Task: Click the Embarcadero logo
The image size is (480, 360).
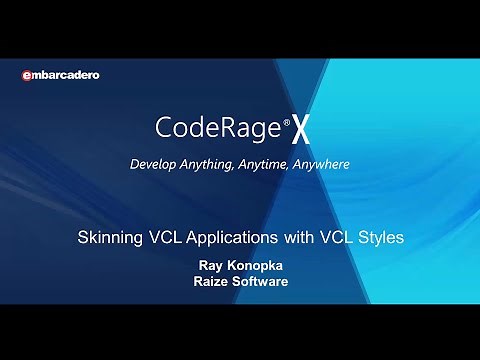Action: pyautogui.click(x=61, y=75)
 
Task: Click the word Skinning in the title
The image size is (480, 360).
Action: pyautogui.click(x=108, y=239)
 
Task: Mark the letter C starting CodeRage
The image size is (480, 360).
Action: pyautogui.click(x=164, y=128)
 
